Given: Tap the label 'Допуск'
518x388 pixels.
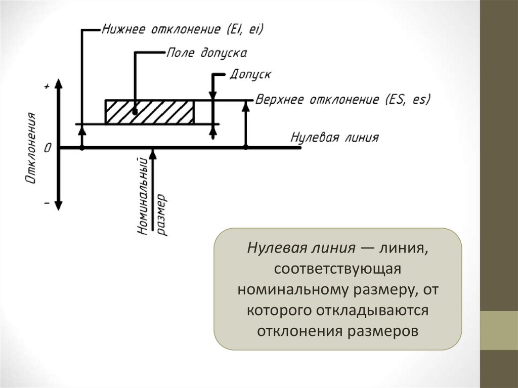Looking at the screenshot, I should click(x=250, y=74).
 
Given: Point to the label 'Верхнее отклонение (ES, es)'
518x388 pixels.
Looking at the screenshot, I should click(x=343, y=99).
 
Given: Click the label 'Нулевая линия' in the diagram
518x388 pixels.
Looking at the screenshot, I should click(x=334, y=138).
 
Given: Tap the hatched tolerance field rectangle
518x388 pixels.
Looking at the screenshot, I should click(x=149, y=112).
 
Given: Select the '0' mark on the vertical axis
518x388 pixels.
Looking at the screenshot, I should click(x=48, y=148).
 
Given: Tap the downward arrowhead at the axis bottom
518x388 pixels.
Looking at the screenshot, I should click(x=59, y=204).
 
